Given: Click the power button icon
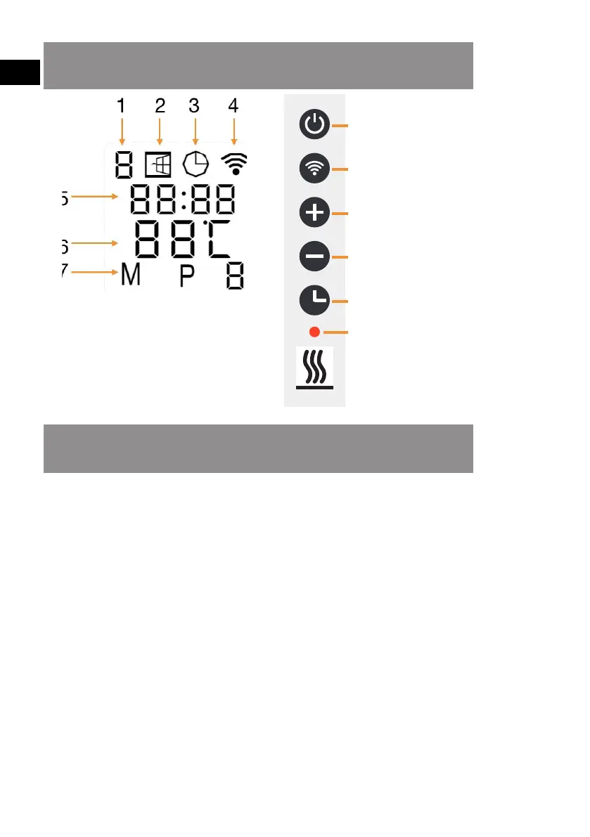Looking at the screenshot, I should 314,125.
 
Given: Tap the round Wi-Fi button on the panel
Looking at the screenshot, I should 314,169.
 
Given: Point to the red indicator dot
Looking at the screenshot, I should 314,331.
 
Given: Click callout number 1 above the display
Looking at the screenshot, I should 122,106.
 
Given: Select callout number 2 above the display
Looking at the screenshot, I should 160,106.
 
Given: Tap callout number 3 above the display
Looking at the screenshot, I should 195,106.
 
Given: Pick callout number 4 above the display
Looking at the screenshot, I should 233,106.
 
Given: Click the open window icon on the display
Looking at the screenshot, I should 158,166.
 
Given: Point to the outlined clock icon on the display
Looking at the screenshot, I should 195,165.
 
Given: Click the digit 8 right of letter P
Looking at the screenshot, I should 235,277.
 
